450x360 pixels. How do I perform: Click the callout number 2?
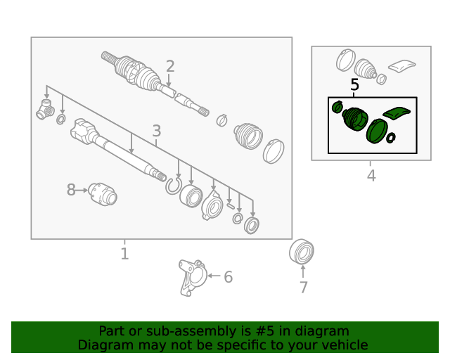tap(170, 66)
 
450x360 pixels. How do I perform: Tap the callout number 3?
tap(156, 131)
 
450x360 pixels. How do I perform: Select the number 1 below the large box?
tap(124, 254)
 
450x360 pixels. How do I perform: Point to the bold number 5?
tap(355, 84)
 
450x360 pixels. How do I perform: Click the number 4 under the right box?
tap(371, 175)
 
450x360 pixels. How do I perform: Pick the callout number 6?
tap(228, 277)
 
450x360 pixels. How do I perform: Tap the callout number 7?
tap(304, 288)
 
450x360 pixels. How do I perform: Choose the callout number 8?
tap(71, 190)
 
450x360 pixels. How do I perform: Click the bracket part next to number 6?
tap(192, 278)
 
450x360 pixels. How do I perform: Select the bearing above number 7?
tap(302, 251)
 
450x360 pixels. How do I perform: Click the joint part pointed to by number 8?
tap(103, 194)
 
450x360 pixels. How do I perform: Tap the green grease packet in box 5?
tap(397, 112)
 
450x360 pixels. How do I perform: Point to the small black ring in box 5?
tap(391, 138)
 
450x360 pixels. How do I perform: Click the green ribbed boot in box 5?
tap(355, 119)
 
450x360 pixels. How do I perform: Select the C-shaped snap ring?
tap(174, 186)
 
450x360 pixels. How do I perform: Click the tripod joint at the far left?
tap(45, 110)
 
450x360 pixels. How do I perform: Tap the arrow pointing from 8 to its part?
tap(82, 190)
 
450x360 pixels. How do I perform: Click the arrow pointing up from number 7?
tap(303, 271)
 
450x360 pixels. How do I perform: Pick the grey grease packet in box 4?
tap(401, 65)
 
